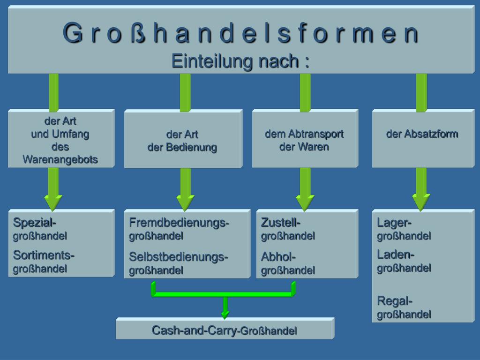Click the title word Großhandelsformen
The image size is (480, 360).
click(240, 33)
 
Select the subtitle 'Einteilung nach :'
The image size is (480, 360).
click(240, 61)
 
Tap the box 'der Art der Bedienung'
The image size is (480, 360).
click(183, 139)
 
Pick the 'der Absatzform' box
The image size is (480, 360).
click(422, 138)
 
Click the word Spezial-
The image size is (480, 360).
click(35, 222)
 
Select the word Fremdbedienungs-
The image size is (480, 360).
click(179, 222)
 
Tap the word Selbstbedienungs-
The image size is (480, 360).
click(179, 257)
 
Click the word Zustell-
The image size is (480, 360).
click(281, 222)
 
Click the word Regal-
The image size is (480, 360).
click(395, 300)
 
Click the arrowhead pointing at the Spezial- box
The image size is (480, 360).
click(53, 202)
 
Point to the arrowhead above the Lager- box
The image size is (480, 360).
click(421, 202)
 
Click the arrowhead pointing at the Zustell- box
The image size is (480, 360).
click(305, 202)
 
